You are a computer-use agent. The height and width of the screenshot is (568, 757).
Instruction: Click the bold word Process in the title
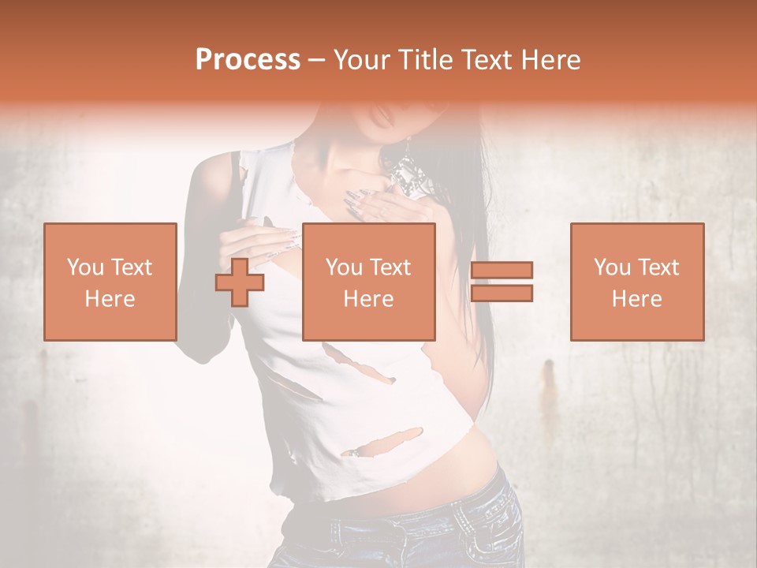click(x=248, y=60)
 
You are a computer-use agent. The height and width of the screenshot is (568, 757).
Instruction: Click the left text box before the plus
click(x=110, y=282)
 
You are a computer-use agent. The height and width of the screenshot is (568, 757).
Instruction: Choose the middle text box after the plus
click(x=369, y=282)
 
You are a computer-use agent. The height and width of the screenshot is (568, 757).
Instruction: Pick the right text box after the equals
click(x=637, y=282)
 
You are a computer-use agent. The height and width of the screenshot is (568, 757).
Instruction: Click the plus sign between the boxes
click(x=240, y=282)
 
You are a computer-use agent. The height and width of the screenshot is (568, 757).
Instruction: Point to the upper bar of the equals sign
click(x=502, y=271)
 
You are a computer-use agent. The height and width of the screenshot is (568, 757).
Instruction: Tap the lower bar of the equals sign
click(x=502, y=293)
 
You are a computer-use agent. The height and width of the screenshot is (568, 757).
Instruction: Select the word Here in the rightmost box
click(x=637, y=299)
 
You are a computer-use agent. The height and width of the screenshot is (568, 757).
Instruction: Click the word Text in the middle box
click(x=391, y=267)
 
